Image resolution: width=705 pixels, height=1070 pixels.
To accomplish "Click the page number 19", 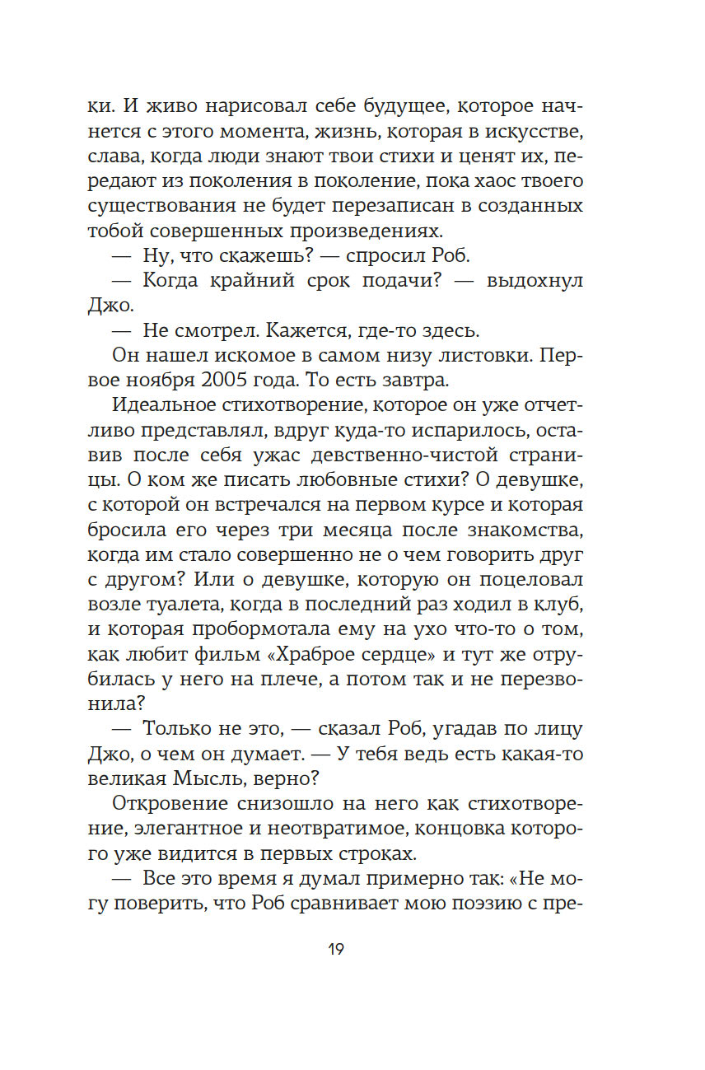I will (x=335, y=949).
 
